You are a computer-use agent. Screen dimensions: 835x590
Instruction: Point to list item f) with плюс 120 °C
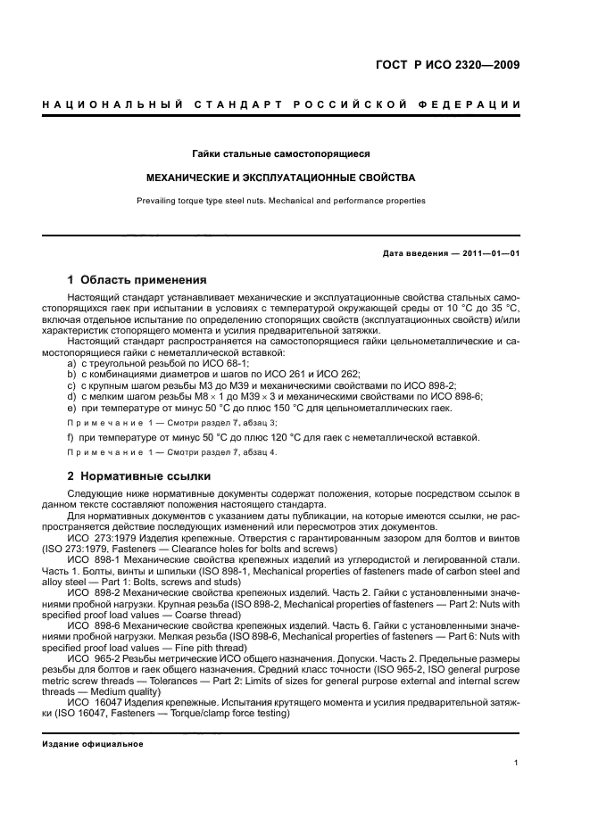click(273, 437)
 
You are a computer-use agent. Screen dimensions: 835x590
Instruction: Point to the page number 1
click(517, 762)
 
